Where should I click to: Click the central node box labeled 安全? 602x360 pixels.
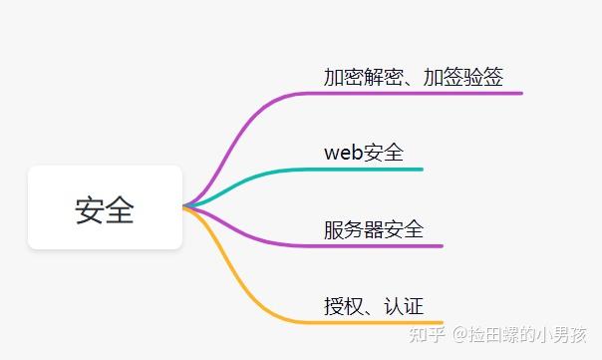point(105,207)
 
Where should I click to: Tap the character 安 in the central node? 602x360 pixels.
point(90,209)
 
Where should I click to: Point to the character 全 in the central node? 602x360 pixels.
point(120,209)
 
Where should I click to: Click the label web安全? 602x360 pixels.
point(364,153)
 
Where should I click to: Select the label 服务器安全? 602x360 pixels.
point(374,229)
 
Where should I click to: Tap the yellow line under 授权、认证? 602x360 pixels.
point(379,322)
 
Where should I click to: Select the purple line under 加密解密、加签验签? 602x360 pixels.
point(419,93)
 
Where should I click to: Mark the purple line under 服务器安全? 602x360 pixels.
point(379,245)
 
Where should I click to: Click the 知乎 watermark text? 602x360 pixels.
point(429,334)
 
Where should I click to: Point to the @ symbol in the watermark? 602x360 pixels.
point(461,335)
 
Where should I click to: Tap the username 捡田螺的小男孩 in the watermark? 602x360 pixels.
point(532,334)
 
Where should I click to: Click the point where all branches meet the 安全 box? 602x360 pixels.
point(185,207)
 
